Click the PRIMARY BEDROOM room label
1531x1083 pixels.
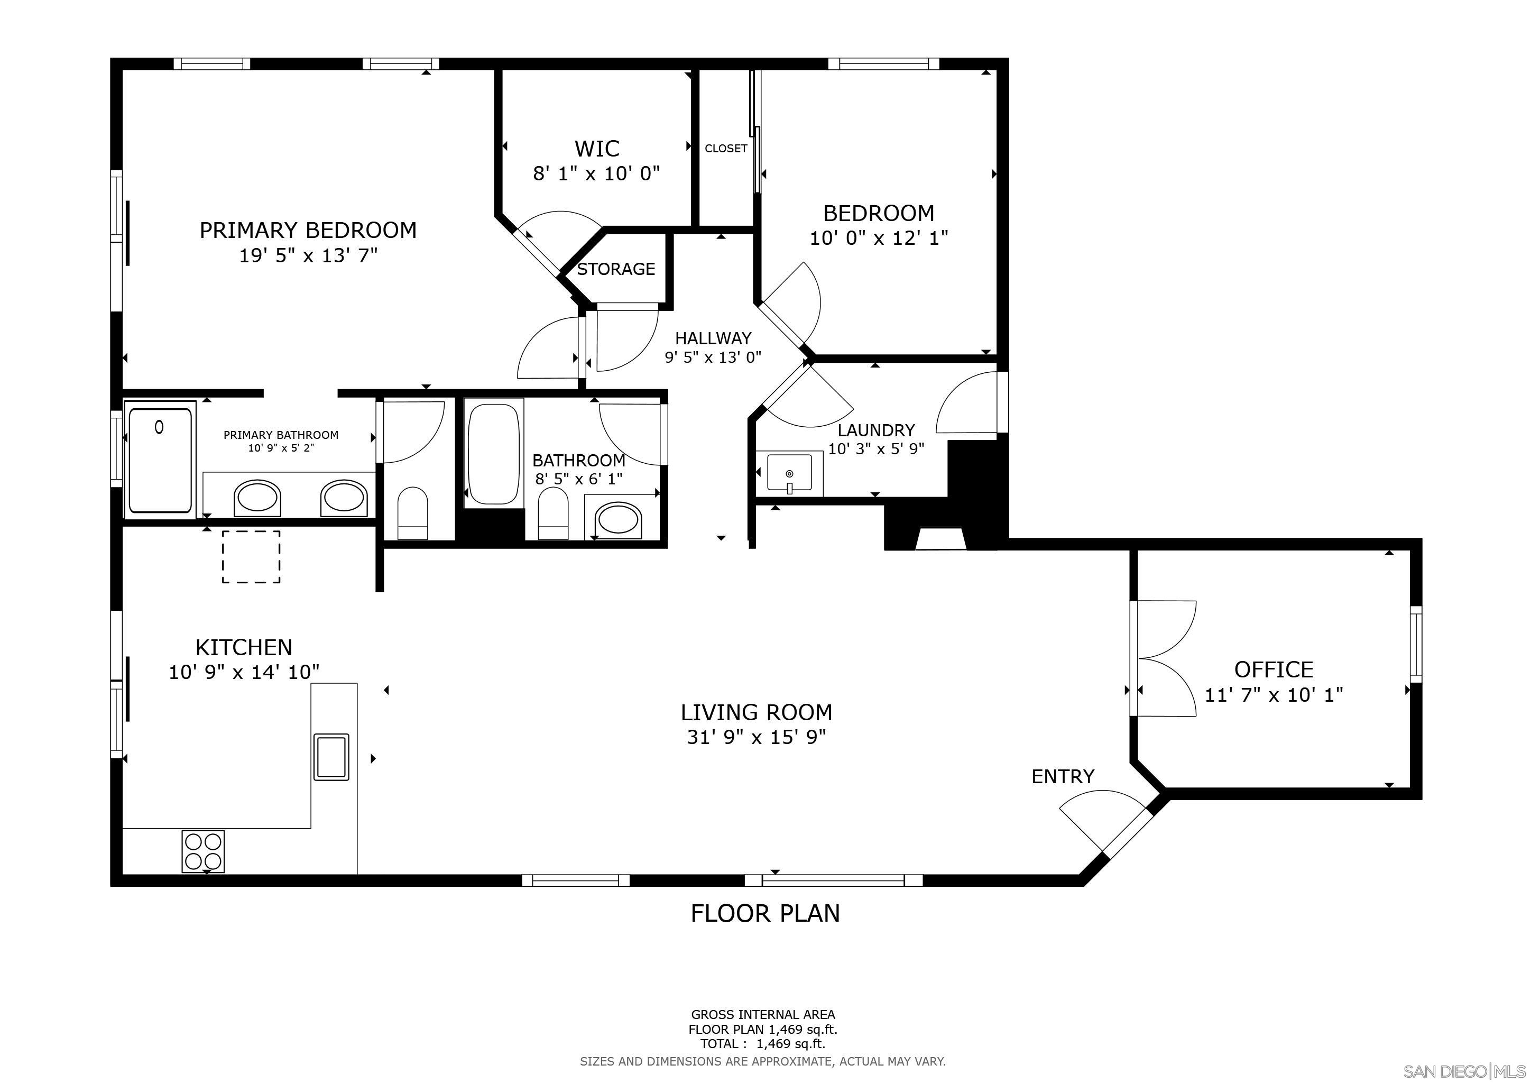pyautogui.click(x=308, y=230)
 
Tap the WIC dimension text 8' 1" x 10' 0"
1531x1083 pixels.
pyautogui.click(x=596, y=174)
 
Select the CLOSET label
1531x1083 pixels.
pyautogui.click(x=725, y=148)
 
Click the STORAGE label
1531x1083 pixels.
pyautogui.click(x=615, y=269)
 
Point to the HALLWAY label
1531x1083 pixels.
pyautogui.click(x=713, y=338)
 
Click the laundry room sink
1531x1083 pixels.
pyautogui.click(x=789, y=473)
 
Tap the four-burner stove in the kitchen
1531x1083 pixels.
pyautogui.click(x=202, y=851)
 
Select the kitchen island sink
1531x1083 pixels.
pyautogui.click(x=331, y=757)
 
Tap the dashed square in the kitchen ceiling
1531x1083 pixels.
pyautogui.click(x=251, y=557)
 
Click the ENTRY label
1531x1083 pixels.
pyautogui.click(x=1063, y=776)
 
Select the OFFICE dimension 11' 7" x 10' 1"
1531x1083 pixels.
pyautogui.click(x=1274, y=695)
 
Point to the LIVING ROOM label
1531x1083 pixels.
pyautogui.click(x=756, y=712)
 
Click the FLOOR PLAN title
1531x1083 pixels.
pyautogui.click(x=765, y=913)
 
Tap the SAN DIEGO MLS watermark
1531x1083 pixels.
pyautogui.click(x=1464, y=1071)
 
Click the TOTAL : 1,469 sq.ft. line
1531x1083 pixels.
pyautogui.click(x=762, y=1044)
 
